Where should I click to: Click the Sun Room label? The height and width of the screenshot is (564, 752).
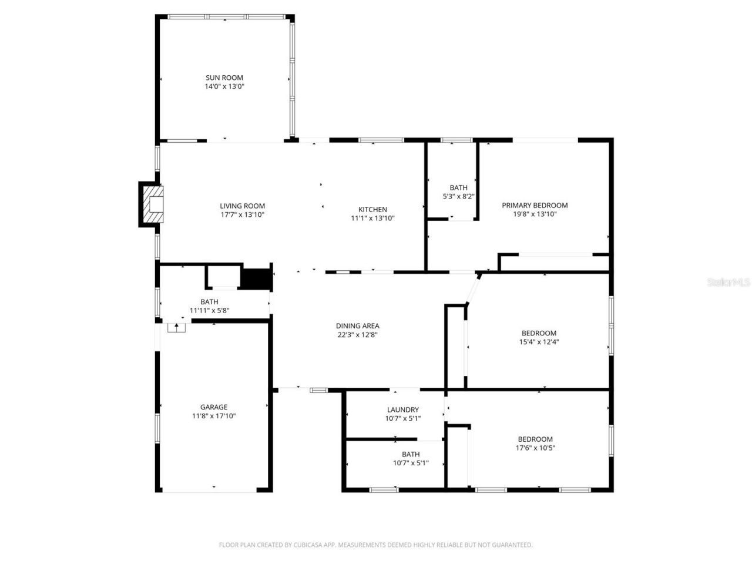[x=224, y=78]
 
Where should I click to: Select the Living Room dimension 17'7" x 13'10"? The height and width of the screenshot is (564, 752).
[x=242, y=215]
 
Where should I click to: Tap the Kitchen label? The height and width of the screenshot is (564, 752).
[x=372, y=209]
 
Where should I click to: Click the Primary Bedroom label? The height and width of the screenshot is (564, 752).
[x=535, y=205]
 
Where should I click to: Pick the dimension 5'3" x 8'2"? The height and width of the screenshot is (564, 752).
[x=458, y=197]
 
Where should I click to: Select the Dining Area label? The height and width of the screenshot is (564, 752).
[x=357, y=325]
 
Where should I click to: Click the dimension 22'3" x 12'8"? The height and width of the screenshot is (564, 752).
[x=357, y=335]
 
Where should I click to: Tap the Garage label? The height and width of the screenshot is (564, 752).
[x=214, y=407]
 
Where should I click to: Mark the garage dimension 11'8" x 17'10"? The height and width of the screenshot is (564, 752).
[x=214, y=416]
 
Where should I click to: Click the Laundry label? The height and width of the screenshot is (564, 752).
[x=402, y=409]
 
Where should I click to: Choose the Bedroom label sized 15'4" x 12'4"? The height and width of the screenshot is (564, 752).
[x=538, y=333]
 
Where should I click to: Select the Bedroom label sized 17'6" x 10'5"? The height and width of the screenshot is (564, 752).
[x=535, y=439]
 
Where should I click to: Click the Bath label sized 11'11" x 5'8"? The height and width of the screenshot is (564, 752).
[x=209, y=301]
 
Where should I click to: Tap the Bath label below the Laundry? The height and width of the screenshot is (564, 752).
[x=411, y=454]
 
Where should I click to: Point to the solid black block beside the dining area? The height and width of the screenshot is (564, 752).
[x=256, y=278]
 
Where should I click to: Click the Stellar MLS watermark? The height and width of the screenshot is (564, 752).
[x=728, y=283]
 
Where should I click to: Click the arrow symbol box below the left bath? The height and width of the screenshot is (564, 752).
[x=176, y=327]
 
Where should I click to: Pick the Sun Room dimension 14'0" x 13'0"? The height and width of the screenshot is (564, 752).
[x=224, y=86]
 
